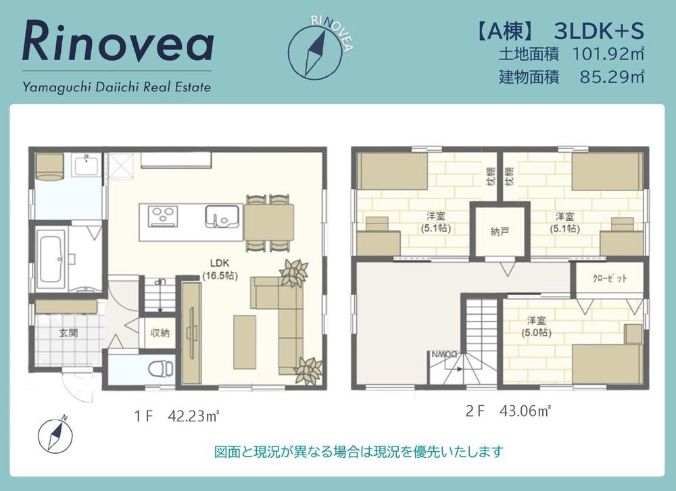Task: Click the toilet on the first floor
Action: (161, 369)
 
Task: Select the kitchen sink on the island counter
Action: (222, 215)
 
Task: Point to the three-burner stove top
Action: (163, 215)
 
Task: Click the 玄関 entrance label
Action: (68, 333)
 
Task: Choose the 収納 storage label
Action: (160, 332)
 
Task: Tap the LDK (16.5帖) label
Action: (220, 269)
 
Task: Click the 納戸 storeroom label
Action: (500, 231)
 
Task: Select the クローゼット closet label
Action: (610, 278)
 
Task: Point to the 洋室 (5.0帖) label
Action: (536, 326)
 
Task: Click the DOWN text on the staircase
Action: (445, 355)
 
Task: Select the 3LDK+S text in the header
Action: (599, 31)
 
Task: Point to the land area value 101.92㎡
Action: (608, 54)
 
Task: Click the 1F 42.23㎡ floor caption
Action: (176, 417)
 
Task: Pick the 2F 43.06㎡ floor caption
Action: (508, 411)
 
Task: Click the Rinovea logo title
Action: (118, 41)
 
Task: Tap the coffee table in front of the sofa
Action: (245, 342)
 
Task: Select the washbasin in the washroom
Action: (87, 165)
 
